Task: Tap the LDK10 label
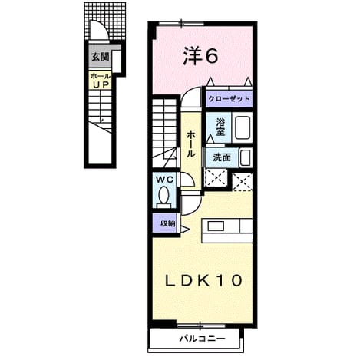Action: pos(203,280)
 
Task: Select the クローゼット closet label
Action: pos(229,99)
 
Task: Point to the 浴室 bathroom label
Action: pos(220,127)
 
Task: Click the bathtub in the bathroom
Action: pos(242,127)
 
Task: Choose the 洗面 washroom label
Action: pos(222,157)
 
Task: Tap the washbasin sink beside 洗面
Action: pos(246,157)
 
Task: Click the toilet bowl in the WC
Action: pos(163,197)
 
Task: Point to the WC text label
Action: pos(165,180)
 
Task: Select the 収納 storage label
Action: pos(168,223)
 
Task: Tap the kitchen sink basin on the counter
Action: pos(216,226)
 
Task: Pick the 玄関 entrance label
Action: pos(101,57)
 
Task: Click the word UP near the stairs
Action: pos(101,84)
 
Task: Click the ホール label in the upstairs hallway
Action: pos(191,144)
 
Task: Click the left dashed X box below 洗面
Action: pos(216,177)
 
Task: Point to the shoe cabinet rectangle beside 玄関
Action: pos(117,61)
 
